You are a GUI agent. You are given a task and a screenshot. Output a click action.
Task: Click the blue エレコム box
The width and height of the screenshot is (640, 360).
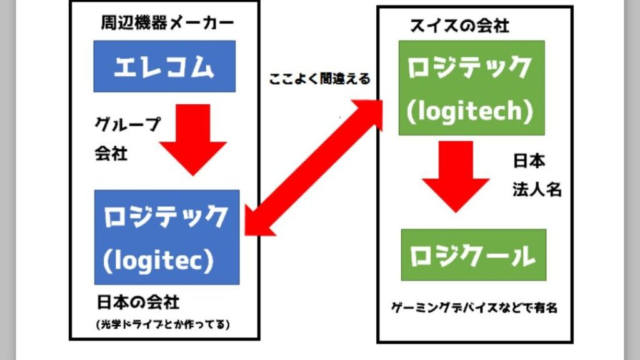(164, 66)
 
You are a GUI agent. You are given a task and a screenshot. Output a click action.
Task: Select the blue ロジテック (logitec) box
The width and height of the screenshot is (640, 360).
(167, 237)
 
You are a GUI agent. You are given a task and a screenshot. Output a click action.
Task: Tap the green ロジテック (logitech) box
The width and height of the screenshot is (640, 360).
(471, 87)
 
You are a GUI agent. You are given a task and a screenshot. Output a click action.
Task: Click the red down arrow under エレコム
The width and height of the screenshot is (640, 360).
(192, 139)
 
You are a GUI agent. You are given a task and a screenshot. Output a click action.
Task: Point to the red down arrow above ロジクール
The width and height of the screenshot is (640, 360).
(455, 176)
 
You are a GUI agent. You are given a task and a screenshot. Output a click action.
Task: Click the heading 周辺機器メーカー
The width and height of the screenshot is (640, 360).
(167, 24)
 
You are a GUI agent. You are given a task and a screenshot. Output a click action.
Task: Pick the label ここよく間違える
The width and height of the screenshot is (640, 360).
(319, 79)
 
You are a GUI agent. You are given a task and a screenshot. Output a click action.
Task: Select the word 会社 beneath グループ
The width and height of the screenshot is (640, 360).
(111, 153)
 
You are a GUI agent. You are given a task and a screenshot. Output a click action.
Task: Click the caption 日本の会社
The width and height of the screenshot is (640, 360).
(137, 303)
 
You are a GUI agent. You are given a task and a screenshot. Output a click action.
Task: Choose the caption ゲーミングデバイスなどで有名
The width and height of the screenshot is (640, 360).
(474, 307)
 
